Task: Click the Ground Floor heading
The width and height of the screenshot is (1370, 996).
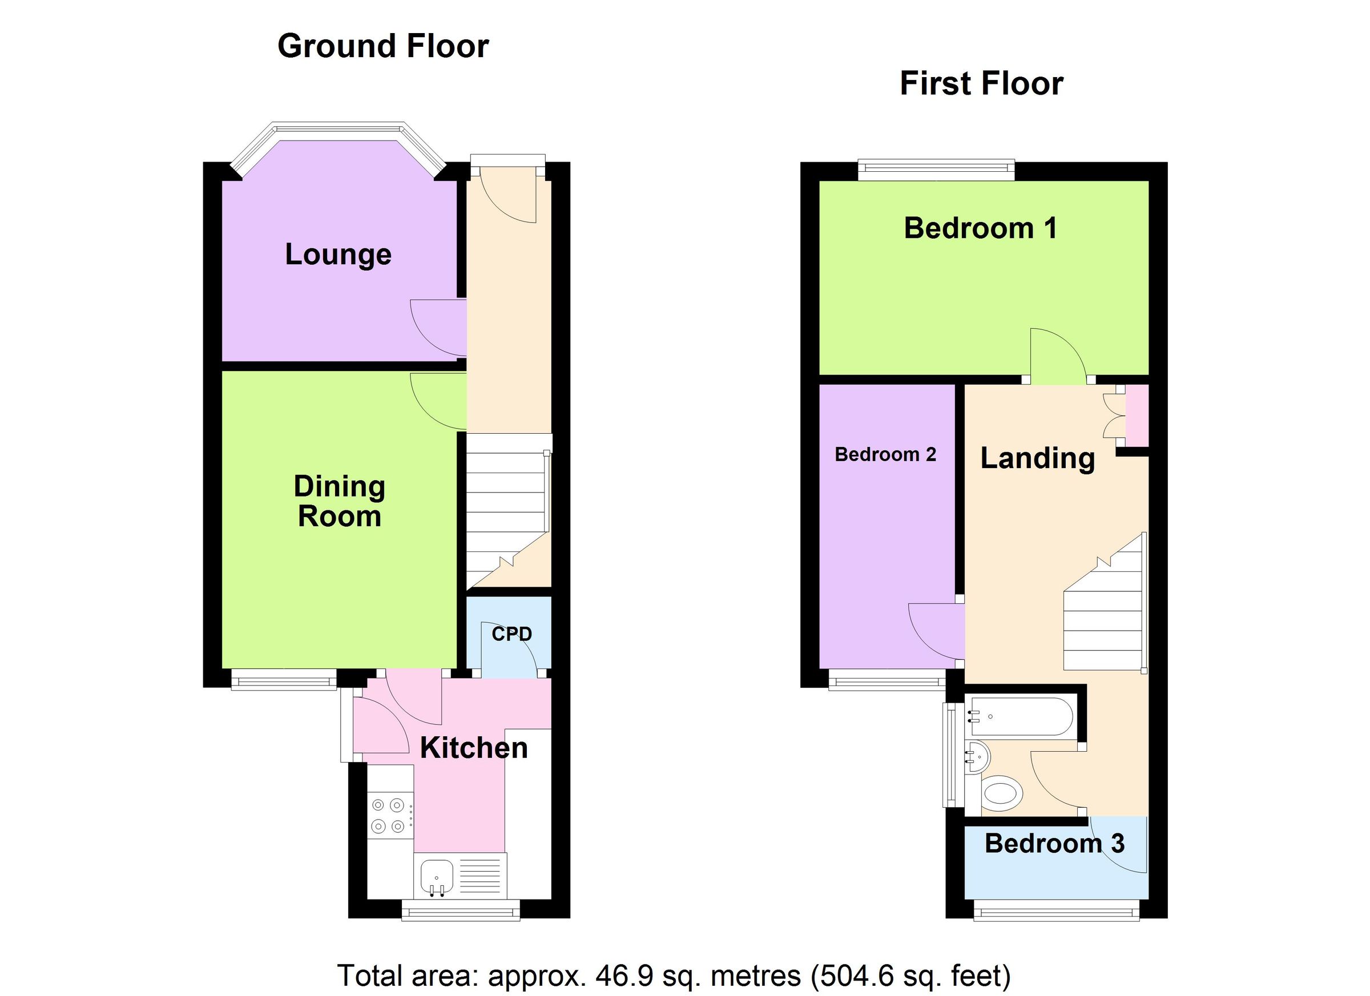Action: tap(383, 46)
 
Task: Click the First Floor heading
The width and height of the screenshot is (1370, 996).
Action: tap(981, 83)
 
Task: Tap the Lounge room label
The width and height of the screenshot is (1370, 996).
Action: tap(339, 255)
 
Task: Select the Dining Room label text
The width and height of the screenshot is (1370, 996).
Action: tap(340, 501)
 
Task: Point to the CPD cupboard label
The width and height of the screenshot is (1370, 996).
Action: tap(511, 634)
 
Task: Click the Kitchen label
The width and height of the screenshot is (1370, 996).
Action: tap(474, 748)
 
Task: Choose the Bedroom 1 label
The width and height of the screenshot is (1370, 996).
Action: tap(980, 228)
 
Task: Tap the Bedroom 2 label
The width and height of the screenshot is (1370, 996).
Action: tap(885, 454)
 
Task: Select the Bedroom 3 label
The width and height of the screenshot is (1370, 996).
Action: tap(1054, 843)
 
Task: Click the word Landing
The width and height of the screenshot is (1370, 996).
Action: tap(1037, 458)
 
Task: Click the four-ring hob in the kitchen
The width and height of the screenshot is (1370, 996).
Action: tap(388, 816)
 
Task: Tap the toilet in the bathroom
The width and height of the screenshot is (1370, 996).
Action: tap(1001, 791)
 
